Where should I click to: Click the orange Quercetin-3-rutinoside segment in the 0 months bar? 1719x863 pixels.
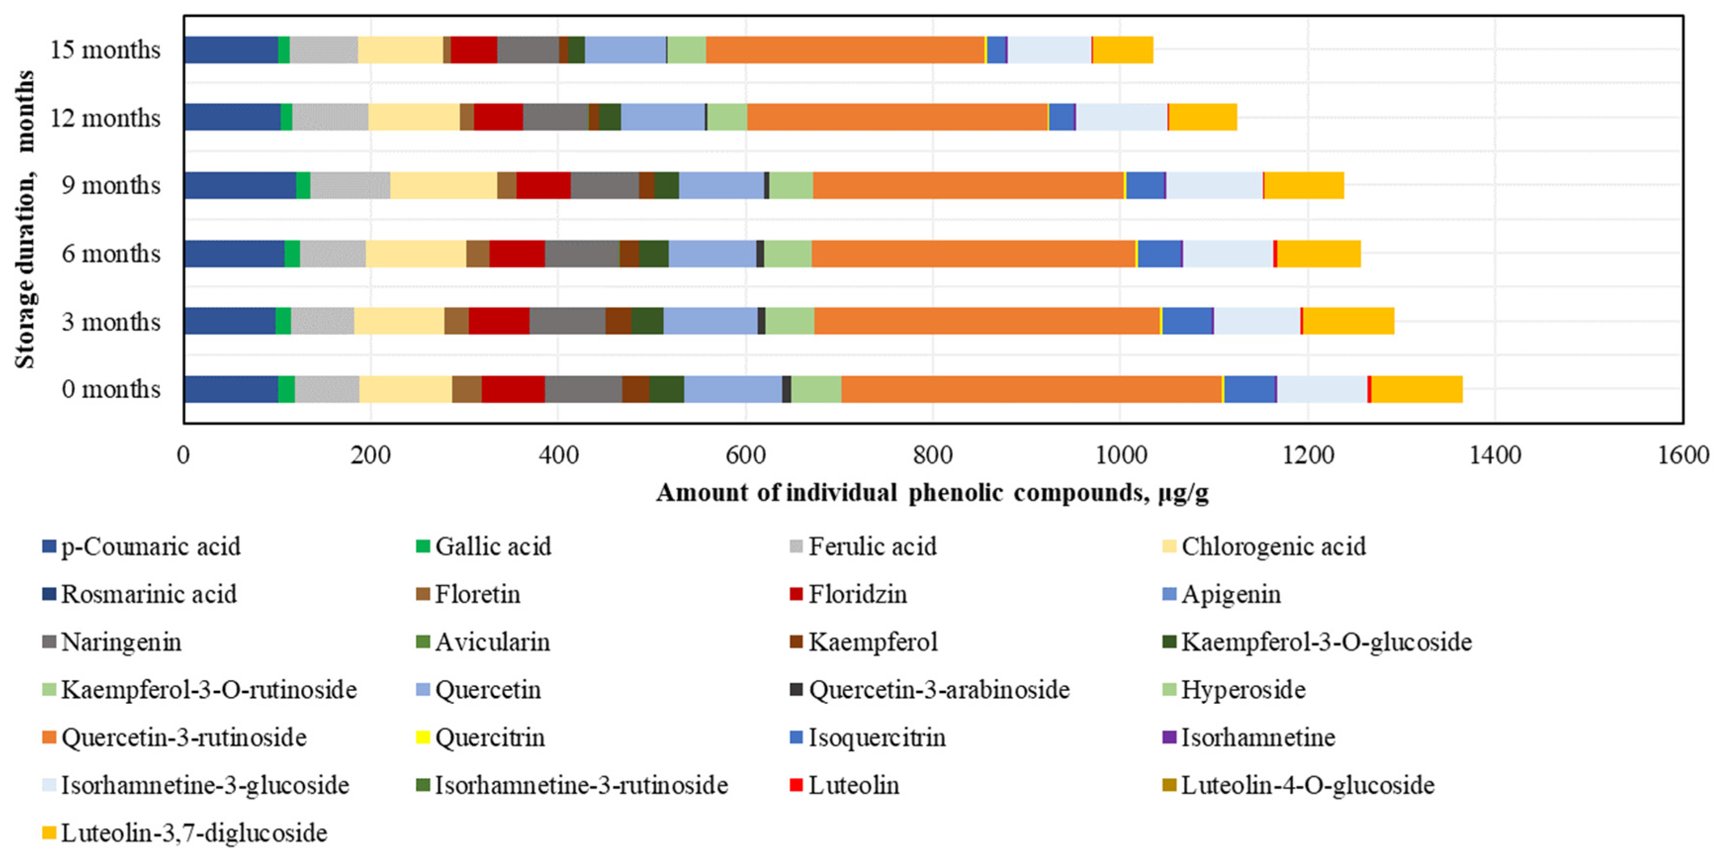click(1031, 389)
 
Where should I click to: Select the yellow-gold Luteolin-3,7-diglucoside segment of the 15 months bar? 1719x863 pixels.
click(1123, 50)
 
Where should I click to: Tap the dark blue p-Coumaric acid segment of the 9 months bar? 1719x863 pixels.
click(240, 185)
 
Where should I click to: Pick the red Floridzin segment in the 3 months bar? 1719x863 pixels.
click(498, 321)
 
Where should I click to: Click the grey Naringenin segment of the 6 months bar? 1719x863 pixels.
click(582, 254)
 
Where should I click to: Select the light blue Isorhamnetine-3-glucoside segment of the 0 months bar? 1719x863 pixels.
click(1322, 389)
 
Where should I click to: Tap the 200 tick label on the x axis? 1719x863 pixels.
click(370, 456)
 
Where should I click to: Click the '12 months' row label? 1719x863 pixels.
click(105, 118)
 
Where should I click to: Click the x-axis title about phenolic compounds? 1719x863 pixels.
click(932, 493)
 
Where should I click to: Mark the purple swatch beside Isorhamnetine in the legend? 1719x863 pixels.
click(1169, 737)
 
